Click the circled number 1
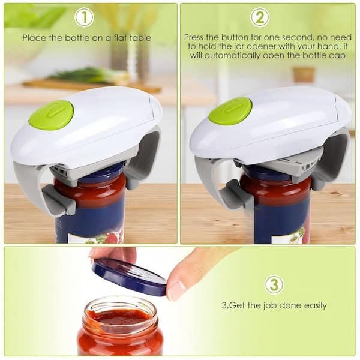click(84, 17)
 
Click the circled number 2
click(260, 17)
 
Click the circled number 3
click(274, 284)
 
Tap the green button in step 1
click(52, 115)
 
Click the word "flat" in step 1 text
click(121, 38)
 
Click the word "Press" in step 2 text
click(194, 37)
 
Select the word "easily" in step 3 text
click(315, 306)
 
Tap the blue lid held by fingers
click(129, 276)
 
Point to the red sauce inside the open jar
click(119, 317)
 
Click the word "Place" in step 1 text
click(34, 38)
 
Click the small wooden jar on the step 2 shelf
click(304, 74)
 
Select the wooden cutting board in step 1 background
click(92, 85)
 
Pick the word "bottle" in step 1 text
click(77, 38)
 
